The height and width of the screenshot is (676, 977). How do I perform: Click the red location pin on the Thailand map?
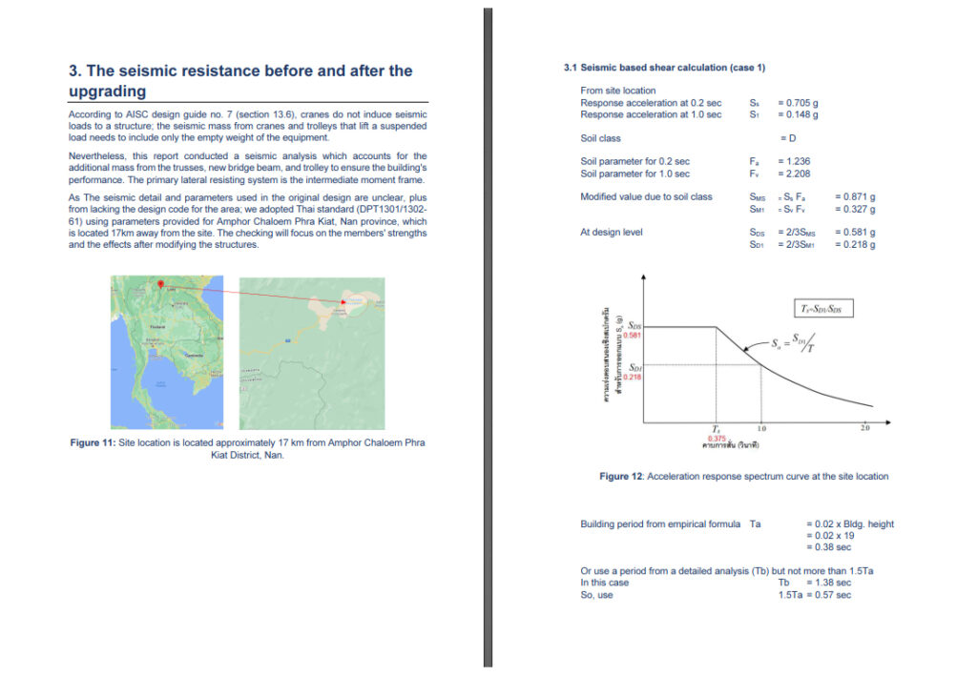(160, 284)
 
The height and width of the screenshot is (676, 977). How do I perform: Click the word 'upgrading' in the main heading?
(107, 92)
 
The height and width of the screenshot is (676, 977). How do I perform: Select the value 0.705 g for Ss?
(798, 102)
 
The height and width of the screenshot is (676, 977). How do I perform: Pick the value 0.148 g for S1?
(798, 114)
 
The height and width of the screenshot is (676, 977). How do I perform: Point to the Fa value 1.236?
(794, 162)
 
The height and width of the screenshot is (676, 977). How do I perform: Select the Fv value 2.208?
(794, 174)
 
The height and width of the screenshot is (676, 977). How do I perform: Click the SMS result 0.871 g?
(854, 197)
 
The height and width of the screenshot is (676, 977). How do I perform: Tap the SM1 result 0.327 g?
(854, 209)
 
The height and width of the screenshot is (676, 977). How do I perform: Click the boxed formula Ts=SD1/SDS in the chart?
(824, 308)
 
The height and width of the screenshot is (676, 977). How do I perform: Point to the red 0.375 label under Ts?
(717, 438)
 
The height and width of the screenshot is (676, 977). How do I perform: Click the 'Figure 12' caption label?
(620, 477)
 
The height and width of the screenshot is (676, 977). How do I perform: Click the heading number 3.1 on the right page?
(571, 68)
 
